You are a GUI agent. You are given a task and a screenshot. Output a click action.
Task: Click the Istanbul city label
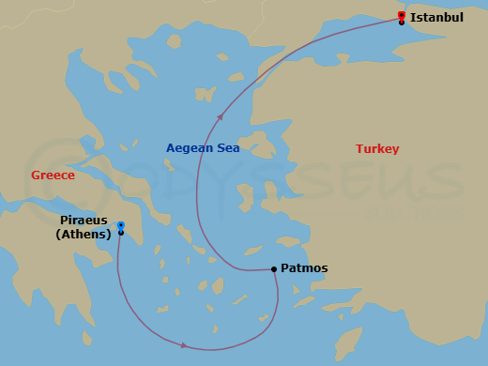(436, 17)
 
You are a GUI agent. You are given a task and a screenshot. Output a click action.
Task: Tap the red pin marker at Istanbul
(402, 15)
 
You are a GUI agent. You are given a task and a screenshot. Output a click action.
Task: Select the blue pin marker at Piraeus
(121, 225)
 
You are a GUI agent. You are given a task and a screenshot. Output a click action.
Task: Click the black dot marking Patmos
(274, 269)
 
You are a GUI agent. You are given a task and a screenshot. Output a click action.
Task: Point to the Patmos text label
(304, 268)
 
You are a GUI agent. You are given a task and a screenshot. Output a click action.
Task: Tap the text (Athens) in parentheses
(84, 235)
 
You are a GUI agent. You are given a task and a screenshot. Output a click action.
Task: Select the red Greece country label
(53, 175)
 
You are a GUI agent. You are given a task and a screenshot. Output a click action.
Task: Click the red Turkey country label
(377, 149)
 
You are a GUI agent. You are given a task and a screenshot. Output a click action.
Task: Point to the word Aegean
(189, 148)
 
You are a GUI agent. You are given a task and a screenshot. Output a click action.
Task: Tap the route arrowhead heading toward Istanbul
(220, 117)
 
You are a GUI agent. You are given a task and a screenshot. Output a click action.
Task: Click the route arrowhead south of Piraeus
(183, 345)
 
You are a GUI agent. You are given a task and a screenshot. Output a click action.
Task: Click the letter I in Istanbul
(413, 17)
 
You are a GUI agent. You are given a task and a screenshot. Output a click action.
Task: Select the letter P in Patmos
(285, 268)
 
